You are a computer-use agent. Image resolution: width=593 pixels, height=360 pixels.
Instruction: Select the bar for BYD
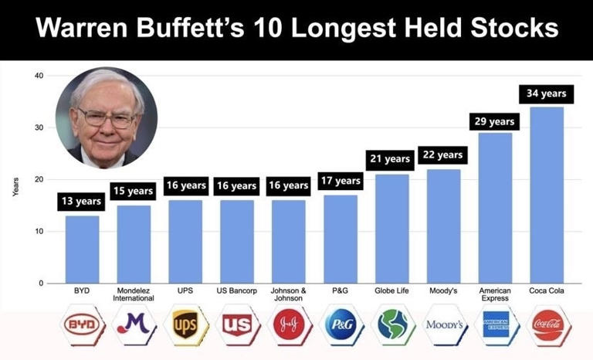(x=82, y=249)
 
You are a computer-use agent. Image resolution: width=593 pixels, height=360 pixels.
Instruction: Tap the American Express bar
(x=495, y=208)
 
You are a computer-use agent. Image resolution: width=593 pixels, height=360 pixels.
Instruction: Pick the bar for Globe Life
(x=391, y=229)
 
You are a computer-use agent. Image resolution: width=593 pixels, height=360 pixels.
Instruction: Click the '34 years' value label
(x=547, y=94)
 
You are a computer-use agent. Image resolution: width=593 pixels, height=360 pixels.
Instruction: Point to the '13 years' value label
(x=82, y=202)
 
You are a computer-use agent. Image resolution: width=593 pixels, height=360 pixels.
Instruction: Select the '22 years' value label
(x=443, y=155)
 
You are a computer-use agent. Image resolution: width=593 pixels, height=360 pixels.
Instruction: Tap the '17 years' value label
(x=340, y=181)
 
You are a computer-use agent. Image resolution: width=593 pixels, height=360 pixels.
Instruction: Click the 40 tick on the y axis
(x=39, y=76)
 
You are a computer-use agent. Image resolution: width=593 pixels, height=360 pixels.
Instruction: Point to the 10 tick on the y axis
(x=39, y=232)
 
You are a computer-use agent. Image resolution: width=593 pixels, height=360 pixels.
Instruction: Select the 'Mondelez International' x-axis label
(x=134, y=294)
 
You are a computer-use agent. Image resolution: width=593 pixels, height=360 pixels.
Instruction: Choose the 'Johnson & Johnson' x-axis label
(x=289, y=294)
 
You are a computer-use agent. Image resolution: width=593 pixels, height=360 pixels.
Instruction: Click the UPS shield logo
(x=185, y=325)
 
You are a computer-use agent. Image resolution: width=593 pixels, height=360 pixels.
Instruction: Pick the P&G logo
(x=341, y=325)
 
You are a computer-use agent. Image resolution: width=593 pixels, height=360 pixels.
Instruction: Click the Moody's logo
(x=444, y=325)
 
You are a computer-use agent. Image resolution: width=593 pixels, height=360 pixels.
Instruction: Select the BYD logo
(x=82, y=325)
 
